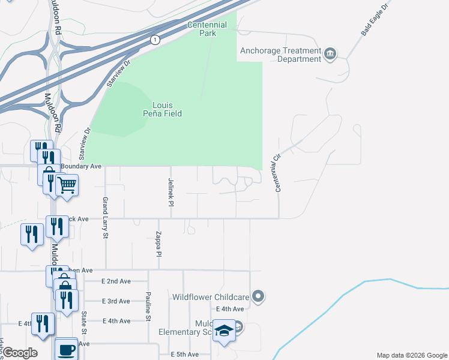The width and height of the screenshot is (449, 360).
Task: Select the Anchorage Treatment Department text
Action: pos(280,55)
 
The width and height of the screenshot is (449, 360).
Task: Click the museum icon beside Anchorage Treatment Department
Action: pos(330,55)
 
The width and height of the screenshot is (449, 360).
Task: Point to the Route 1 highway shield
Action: pos(155,40)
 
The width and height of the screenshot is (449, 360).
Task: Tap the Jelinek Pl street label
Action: pos(171,192)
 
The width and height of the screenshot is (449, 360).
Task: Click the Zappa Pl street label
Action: pos(160,244)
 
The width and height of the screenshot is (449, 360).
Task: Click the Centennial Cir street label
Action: pos(278,173)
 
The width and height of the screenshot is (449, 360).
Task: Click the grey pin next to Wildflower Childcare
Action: pos(258,296)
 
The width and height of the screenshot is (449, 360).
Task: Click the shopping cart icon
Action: pos(67,184)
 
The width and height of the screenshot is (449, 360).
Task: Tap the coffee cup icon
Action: pos(66,349)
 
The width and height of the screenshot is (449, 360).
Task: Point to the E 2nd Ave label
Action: pos(116,281)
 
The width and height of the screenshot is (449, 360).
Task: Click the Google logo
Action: pos(20,353)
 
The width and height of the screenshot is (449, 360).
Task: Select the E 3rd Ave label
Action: pos(116,301)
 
